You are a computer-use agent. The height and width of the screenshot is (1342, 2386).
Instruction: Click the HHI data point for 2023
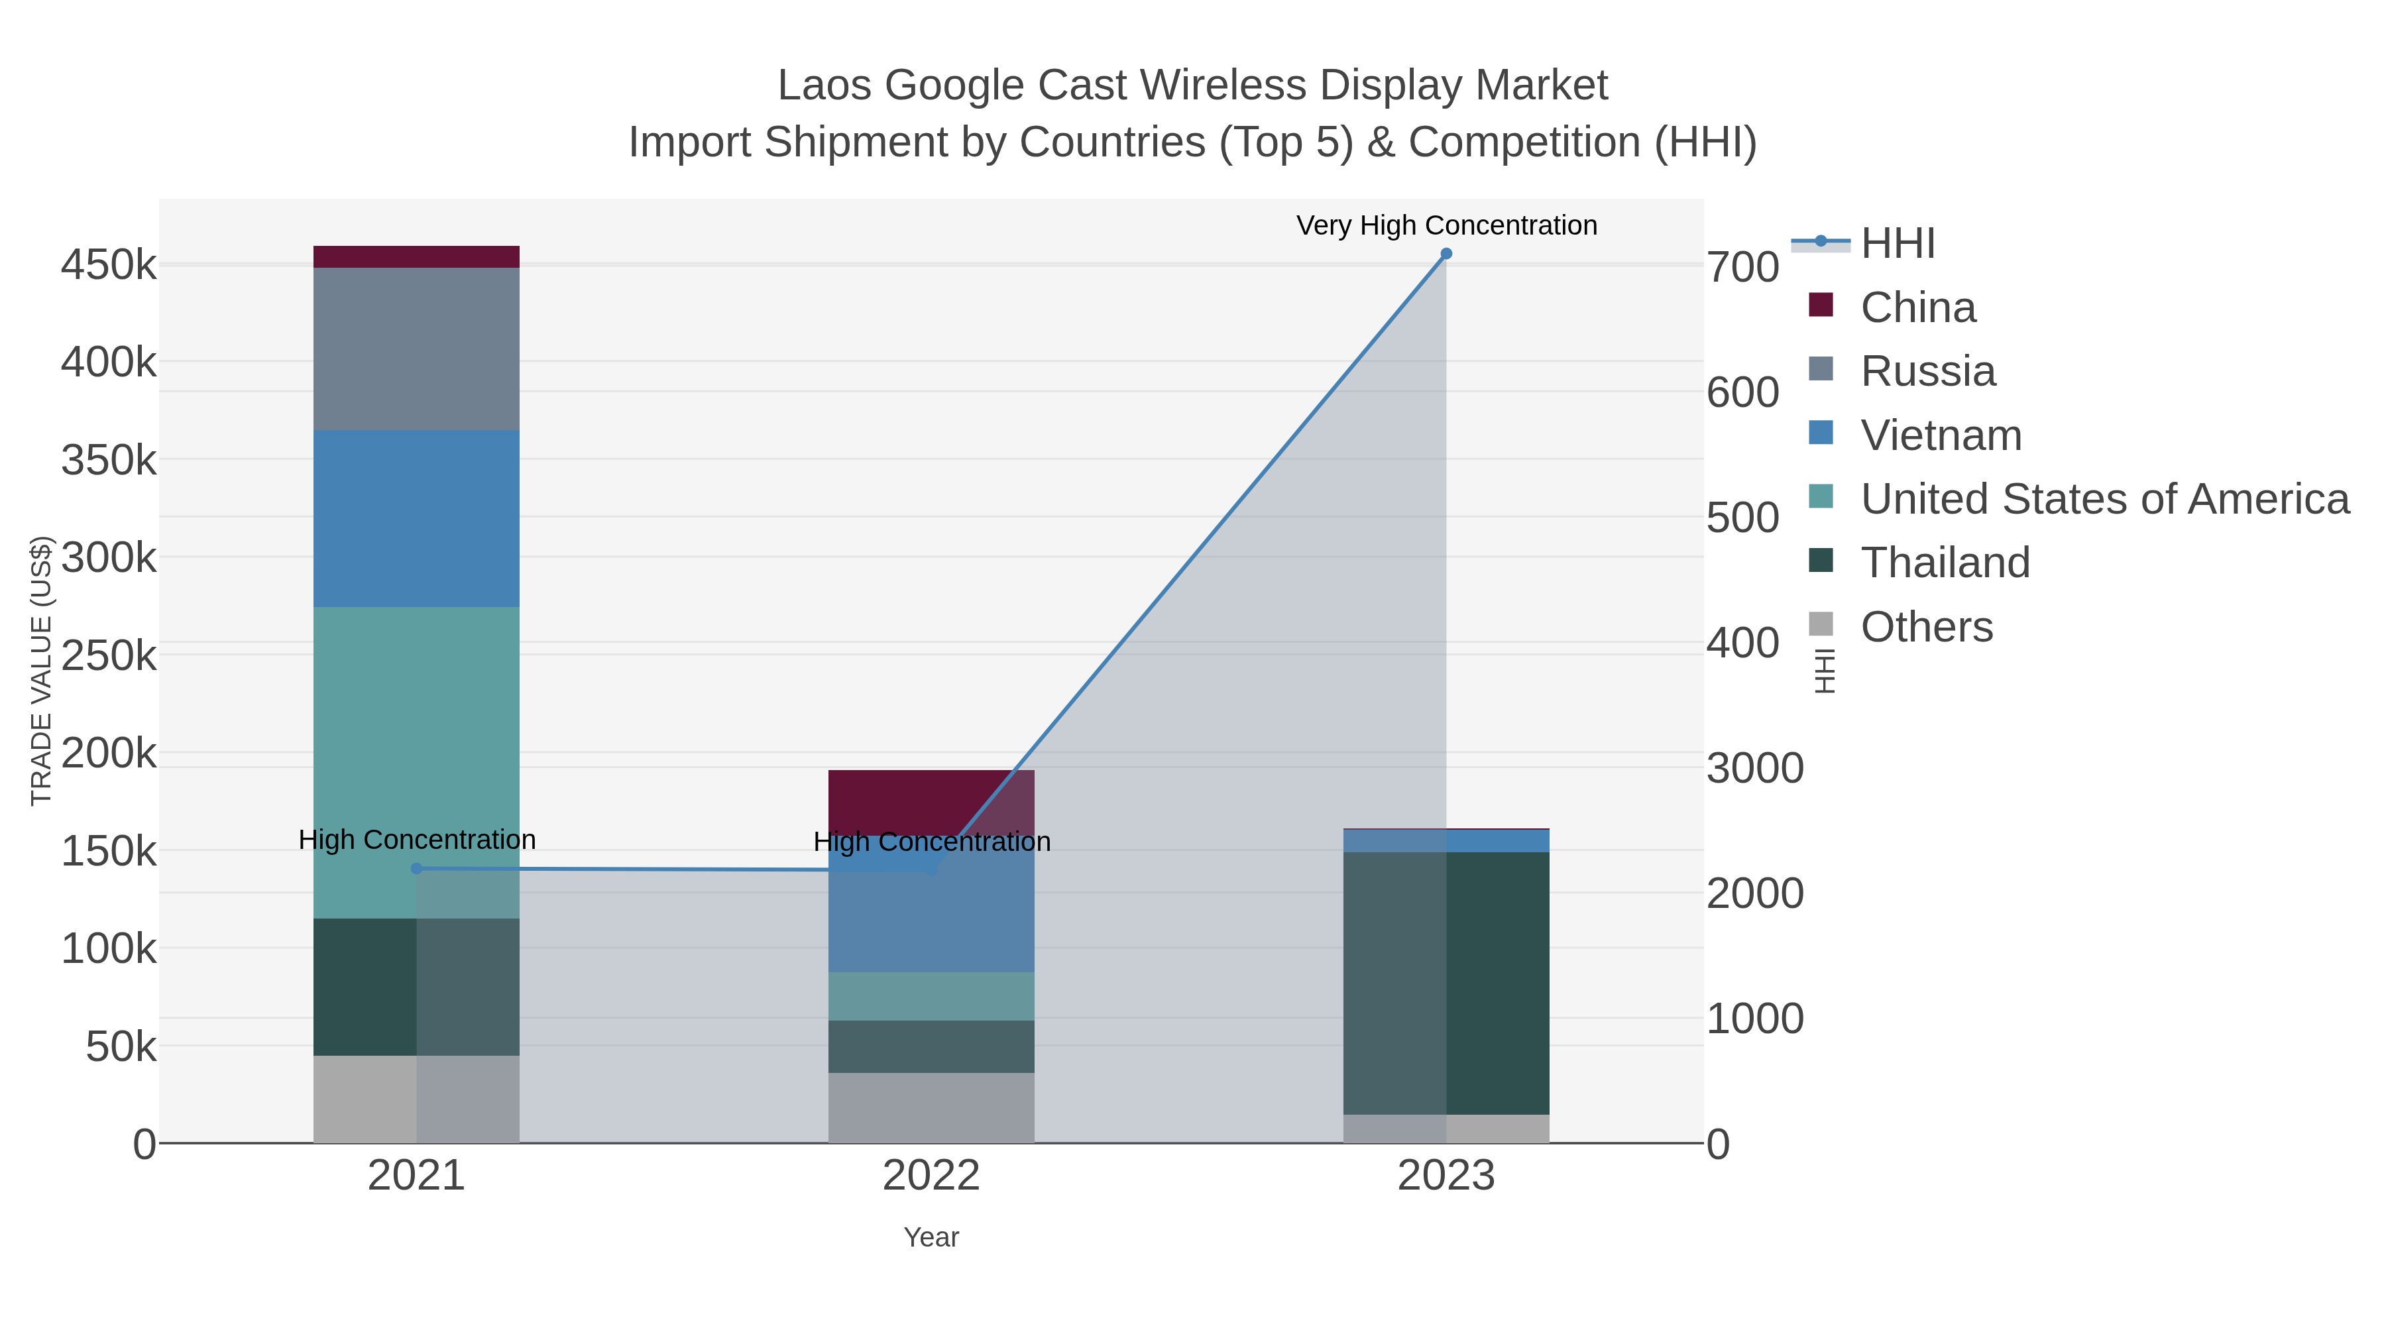pos(1446,254)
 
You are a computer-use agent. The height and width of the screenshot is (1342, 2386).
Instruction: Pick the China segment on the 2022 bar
pos(931,802)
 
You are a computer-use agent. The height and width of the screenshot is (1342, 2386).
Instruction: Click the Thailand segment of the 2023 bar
pos(1446,981)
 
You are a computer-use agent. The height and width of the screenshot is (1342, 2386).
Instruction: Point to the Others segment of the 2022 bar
pos(931,1107)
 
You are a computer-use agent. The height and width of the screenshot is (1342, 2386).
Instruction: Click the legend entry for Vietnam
pos(1941,435)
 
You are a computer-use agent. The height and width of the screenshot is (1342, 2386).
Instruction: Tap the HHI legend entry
pos(1897,244)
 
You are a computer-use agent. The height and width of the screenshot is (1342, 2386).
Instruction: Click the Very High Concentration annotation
pos(1446,225)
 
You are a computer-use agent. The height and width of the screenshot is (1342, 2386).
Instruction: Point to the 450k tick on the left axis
pos(109,266)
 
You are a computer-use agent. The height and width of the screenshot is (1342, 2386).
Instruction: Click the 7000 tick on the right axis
pos(1743,268)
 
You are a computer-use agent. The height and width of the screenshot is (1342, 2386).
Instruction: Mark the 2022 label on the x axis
pos(931,1177)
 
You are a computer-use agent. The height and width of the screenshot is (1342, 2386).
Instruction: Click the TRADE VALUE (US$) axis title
pos(42,671)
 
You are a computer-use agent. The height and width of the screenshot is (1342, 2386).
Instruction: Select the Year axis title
pos(931,1237)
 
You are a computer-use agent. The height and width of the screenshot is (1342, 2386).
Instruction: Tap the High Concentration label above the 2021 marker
pos(417,840)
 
